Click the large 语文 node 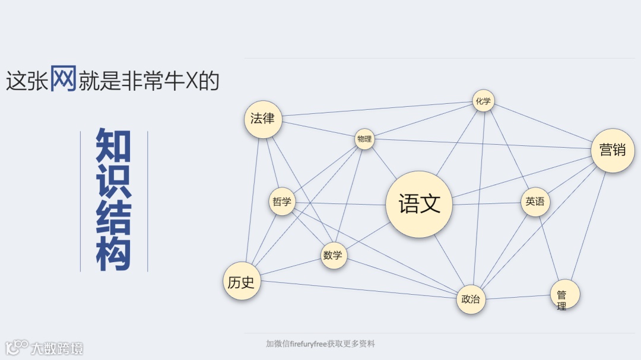point(419,204)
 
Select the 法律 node point(263,119)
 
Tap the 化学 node point(483,101)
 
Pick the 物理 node point(364,139)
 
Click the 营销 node point(613,150)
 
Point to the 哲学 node point(282,202)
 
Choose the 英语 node point(535,202)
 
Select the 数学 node point(334,256)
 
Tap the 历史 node point(242,282)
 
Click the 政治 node point(471,299)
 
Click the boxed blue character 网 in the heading point(63,78)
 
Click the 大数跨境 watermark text point(57,348)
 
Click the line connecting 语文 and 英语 point(487,203)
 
